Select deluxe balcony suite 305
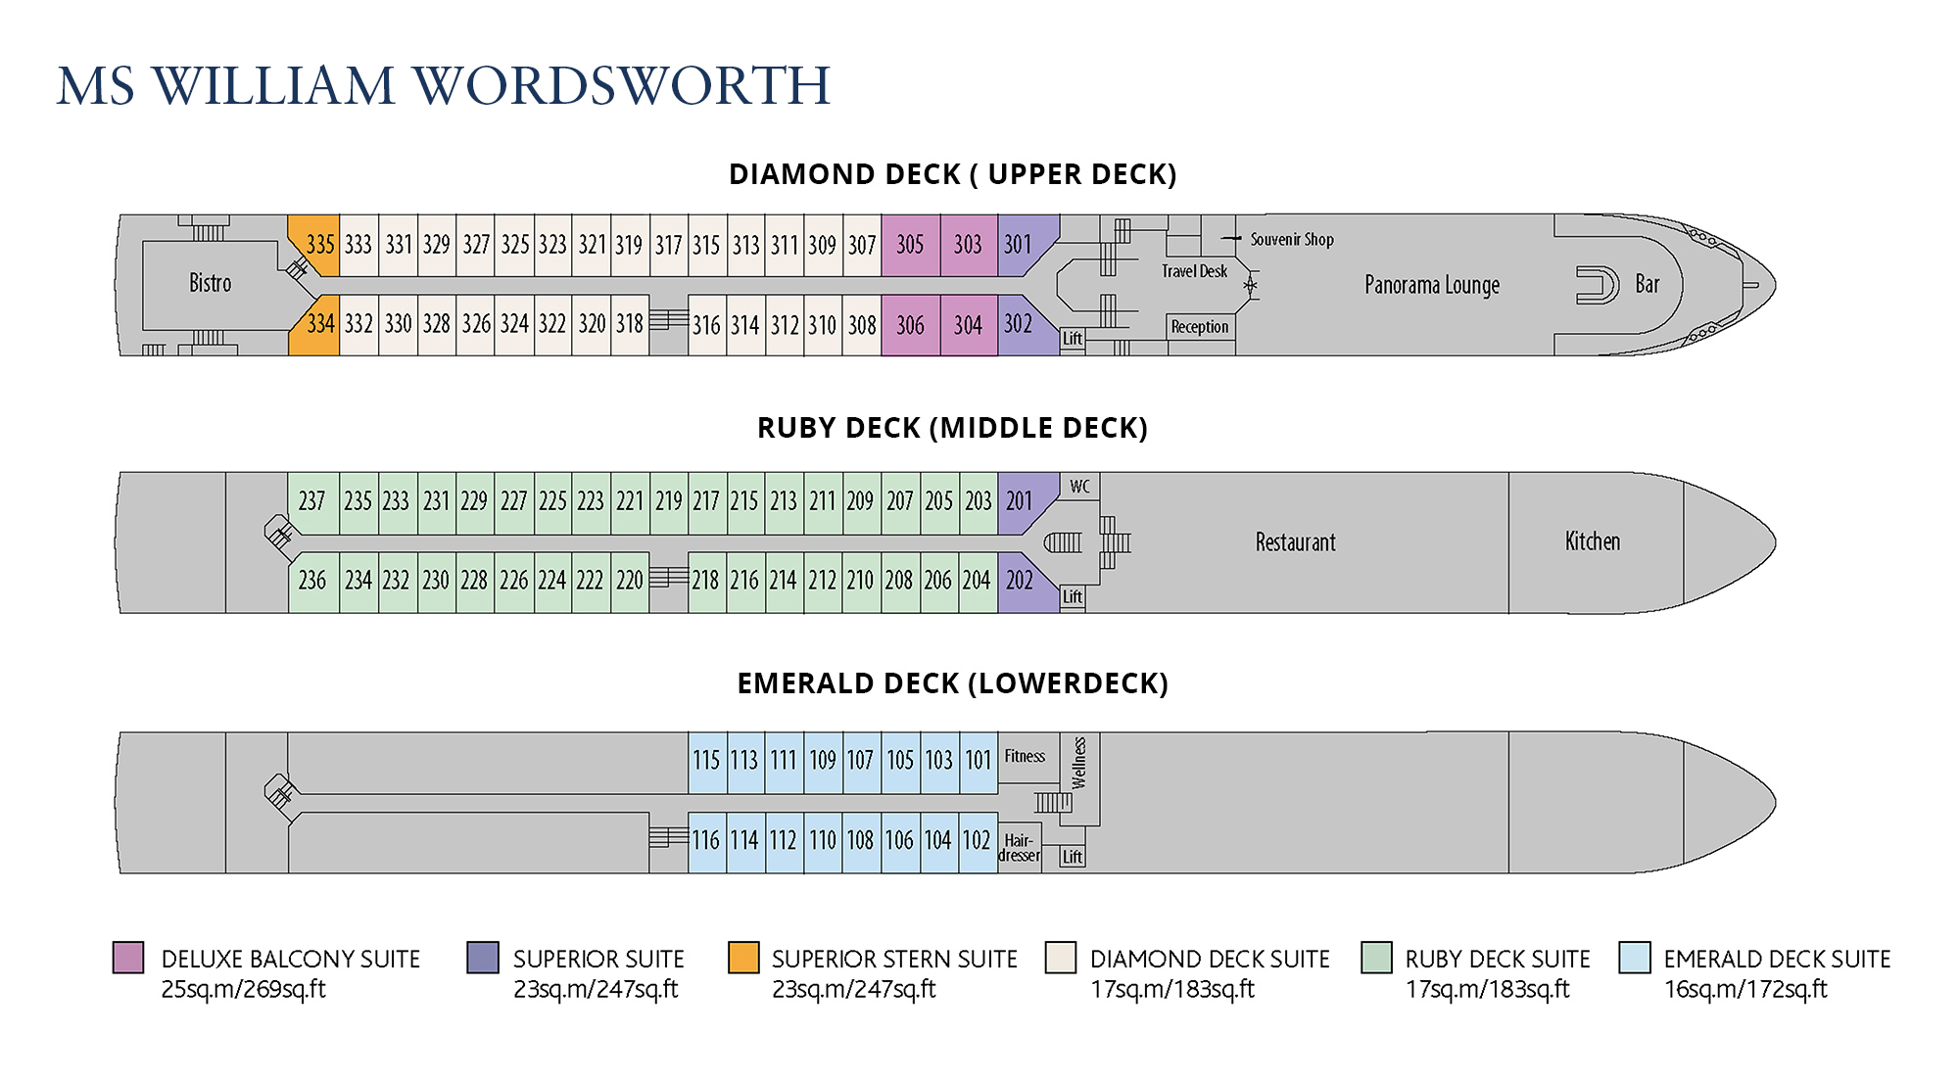pos(910,245)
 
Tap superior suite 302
pos(1019,323)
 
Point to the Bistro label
pos(210,284)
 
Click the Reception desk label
pos(1199,327)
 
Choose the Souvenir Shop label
pos(1291,239)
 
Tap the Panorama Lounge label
pos(1431,285)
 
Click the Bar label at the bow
pos(1647,285)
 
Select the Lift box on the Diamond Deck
pos(1073,339)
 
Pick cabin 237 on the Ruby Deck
pos(311,501)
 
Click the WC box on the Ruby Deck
pos(1079,487)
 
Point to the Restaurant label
pos(1295,542)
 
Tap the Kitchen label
pos(1592,541)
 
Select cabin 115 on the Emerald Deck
pos(706,761)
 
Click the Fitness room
pos(1026,757)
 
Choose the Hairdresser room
pos(1019,848)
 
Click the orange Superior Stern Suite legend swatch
pos(743,958)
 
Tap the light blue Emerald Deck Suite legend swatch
pos(1635,958)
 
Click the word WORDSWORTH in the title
pos(622,86)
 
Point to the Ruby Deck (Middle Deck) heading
pos(952,428)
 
